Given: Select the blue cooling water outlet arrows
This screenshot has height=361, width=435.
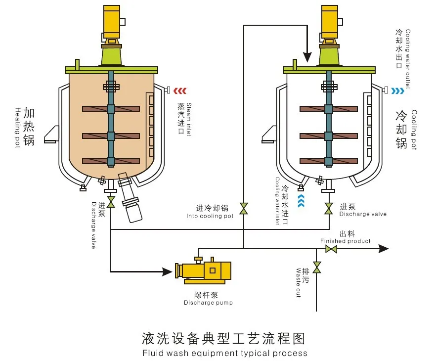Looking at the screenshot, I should (397, 90).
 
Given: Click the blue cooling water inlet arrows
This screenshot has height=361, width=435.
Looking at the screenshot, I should (301, 201).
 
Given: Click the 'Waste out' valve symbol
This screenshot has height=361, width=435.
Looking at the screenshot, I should (317, 267).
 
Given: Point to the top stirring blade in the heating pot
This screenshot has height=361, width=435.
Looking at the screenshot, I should (110, 109).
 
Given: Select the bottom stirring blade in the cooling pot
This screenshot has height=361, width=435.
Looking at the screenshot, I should (328, 161).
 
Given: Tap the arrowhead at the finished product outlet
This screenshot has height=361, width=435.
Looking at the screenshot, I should (384, 249).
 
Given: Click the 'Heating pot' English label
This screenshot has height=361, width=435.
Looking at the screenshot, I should (18, 128).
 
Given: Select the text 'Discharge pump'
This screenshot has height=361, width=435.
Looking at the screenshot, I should (208, 303).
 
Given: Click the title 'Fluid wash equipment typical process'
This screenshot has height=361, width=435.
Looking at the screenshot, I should (224, 353).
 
